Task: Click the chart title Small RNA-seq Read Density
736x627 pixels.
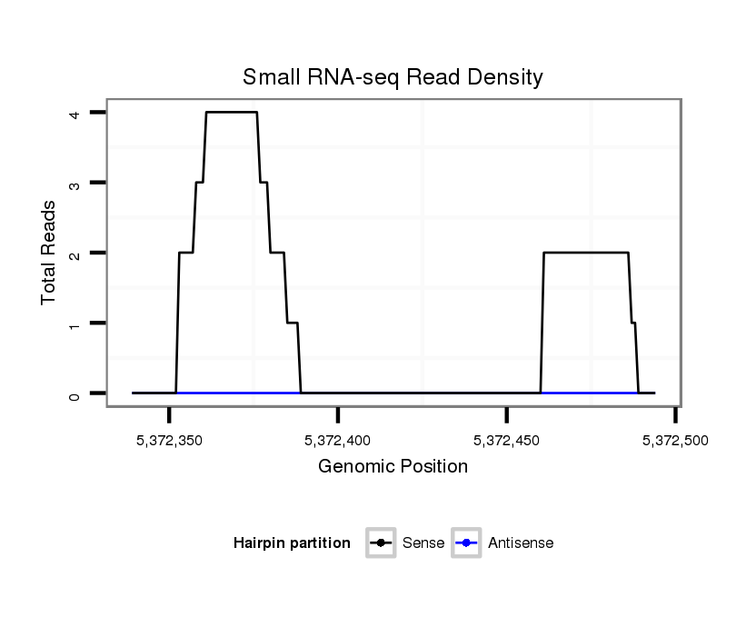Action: (393, 77)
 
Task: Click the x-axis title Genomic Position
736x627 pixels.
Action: (393, 467)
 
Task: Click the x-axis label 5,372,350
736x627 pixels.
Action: (169, 441)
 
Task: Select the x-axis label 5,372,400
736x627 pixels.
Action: (338, 441)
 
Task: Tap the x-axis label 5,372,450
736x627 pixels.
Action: (507, 441)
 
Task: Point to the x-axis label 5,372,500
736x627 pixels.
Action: (675, 441)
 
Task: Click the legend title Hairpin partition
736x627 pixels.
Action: (292, 543)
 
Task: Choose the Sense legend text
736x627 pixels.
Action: (423, 543)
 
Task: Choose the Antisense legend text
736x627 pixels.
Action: (521, 543)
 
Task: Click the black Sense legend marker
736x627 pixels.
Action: (381, 543)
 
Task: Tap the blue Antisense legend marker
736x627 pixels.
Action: (466, 543)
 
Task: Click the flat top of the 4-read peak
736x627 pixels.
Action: (231, 112)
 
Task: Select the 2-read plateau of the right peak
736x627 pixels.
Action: (586, 253)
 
